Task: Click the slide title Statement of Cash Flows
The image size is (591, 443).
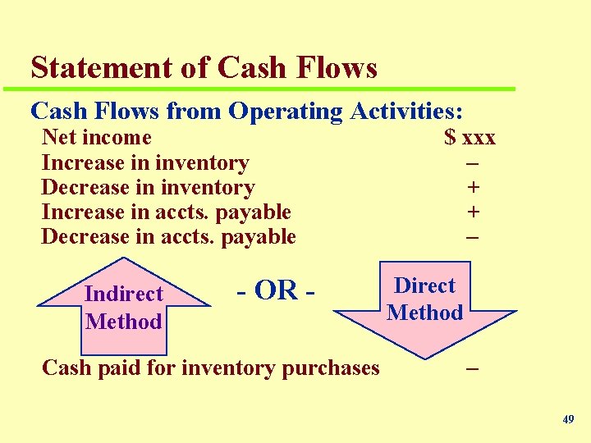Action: click(204, 67)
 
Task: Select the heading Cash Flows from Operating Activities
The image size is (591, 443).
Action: click(246, 111)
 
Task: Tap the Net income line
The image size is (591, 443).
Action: click(96, 137)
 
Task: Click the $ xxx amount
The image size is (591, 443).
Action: click(470, 137)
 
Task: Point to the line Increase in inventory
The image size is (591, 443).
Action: click(144, 162)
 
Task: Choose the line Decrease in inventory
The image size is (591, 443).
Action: click(148, 187)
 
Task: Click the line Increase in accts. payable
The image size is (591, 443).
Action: click(166, 212)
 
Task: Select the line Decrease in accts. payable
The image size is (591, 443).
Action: click(168, 236)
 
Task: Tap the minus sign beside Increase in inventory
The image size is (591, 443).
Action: click(473, 162)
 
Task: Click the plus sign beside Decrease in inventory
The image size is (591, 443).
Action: click(473, 187)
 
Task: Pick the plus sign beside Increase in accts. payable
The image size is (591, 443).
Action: click(473, 212)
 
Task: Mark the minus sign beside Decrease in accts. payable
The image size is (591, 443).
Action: click(473, 236)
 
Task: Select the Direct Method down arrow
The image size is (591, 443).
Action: click(424, 304)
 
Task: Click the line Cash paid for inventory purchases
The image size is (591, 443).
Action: click(210, 367)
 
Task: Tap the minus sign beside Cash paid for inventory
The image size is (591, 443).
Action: click(472, 368)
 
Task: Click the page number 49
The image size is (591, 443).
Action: click(568, 419)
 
